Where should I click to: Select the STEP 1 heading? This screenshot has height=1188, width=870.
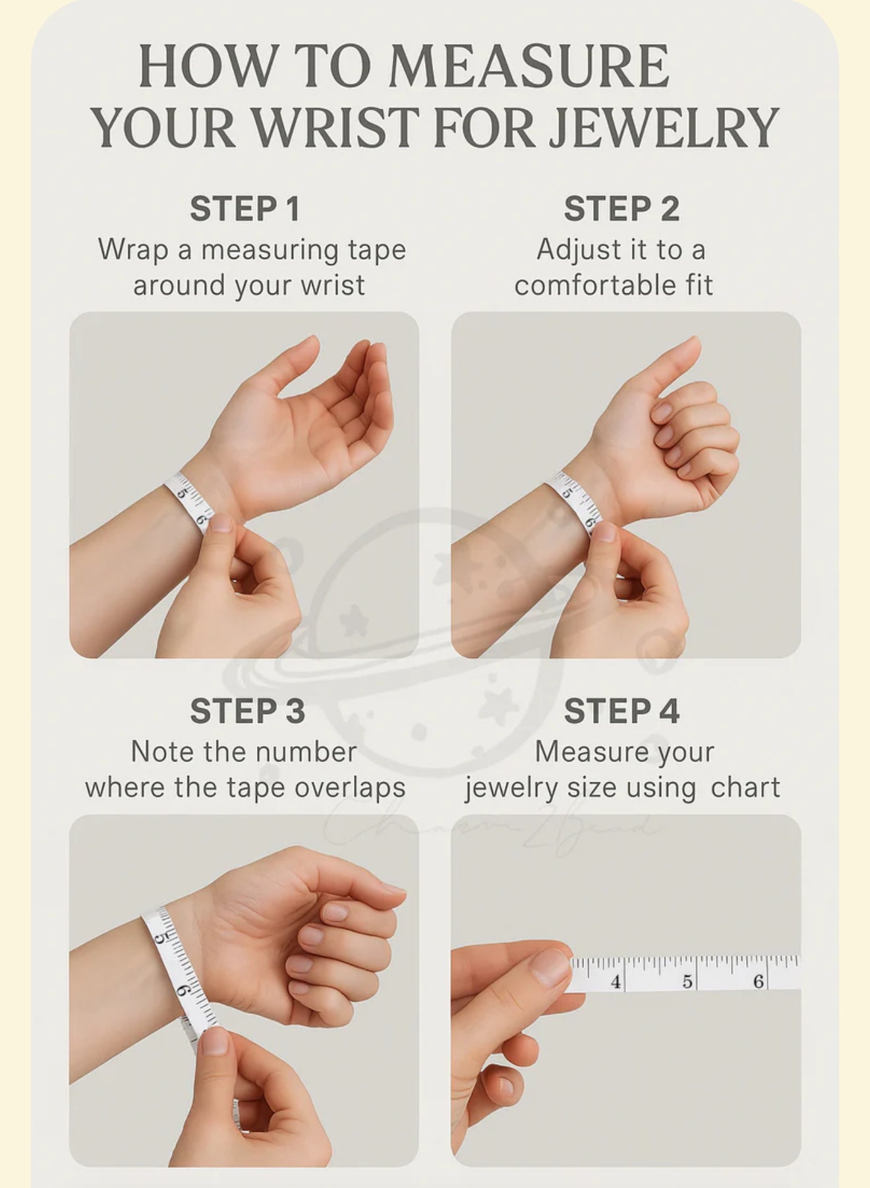coord(245,209)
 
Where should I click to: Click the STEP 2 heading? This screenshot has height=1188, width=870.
coord(622,209)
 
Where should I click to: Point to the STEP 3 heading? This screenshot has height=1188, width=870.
coord(247,711)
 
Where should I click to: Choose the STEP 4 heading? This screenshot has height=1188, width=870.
coord(622,711)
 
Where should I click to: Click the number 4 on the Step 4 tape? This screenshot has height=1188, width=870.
coord(616,982)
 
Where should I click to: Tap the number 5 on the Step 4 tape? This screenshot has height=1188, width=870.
coord(687,982)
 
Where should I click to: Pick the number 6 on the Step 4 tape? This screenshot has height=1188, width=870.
coord(759,982)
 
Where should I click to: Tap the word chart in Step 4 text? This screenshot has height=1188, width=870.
coord(745,787)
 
